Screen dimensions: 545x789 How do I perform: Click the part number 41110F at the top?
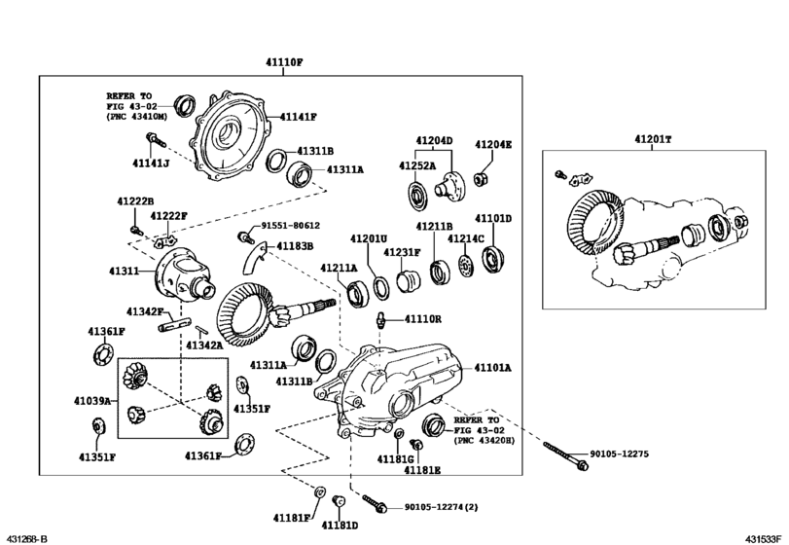(x=279, y=61)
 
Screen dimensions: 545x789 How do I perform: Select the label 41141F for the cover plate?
(x=299, y=117)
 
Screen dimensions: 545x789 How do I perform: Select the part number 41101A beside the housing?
(x=493, y=368)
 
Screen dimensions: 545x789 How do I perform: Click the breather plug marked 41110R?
(x=383, y=318)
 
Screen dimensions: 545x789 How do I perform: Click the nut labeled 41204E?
(x=480, y=178)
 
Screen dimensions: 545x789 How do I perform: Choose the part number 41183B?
(x=295, y=247)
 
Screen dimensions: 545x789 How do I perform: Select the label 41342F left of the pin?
(x=145, y=311)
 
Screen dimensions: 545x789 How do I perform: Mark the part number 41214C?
(x=466, y=238)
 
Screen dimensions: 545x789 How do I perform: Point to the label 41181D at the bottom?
(x=341, y=526)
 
